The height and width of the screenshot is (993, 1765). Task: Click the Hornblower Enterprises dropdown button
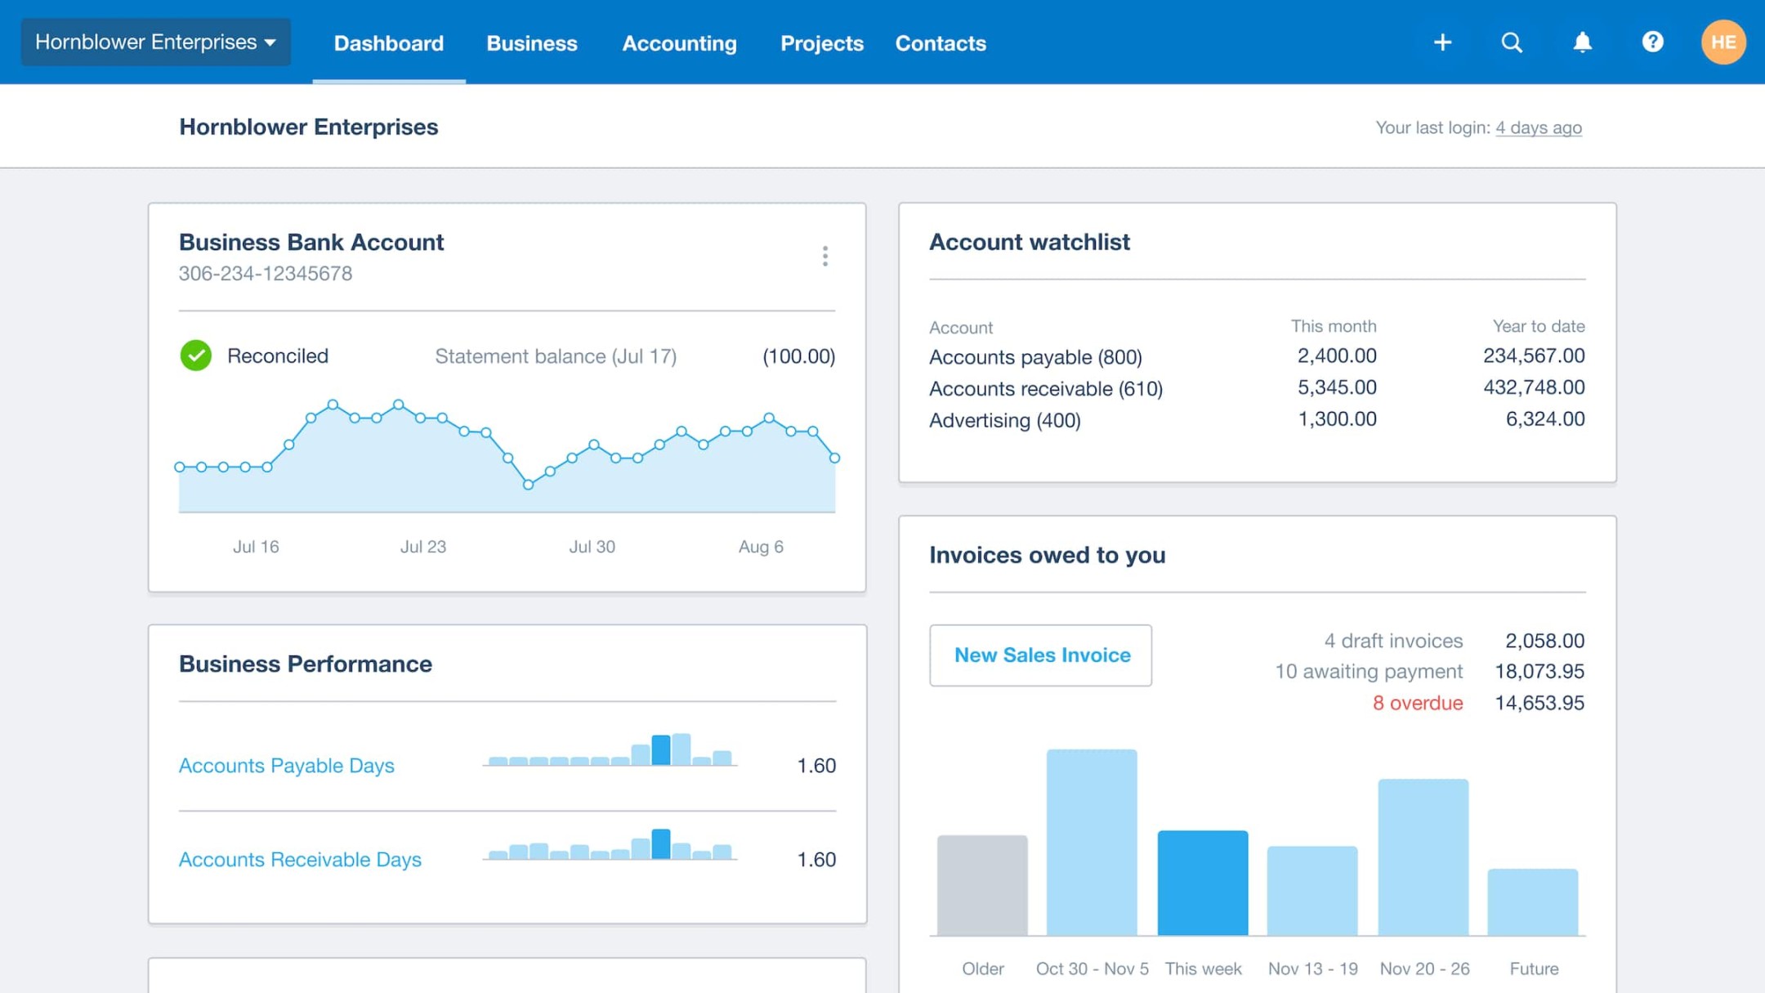point(155,42)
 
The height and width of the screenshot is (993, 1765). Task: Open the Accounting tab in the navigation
point(679,43)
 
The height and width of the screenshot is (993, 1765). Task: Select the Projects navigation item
point(821,43)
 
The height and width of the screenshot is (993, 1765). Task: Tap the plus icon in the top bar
point(1442,42)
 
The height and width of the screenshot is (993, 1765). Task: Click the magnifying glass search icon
point(1512,42)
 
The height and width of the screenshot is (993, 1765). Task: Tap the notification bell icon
point(1582,42)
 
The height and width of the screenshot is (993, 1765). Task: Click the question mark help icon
point(1652,42)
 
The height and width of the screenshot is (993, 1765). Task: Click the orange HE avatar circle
point(1723,42)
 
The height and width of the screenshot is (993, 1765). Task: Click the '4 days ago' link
point(1538,127)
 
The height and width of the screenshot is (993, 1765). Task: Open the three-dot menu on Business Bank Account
point(824,257)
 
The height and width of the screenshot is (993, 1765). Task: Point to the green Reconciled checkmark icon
point(196,356)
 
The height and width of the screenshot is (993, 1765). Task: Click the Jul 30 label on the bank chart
point(592,547)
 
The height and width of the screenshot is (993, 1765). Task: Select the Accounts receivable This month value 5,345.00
point(1337,387)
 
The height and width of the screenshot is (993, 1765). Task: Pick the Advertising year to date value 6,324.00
point(1544,419)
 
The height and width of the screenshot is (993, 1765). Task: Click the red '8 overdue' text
point(1417,703)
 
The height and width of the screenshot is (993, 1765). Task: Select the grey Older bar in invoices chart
point(982,885)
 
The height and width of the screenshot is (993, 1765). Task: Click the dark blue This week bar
point(1202,883)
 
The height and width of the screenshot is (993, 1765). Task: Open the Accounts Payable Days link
point(286,766)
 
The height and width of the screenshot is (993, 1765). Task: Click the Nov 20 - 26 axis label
point(1424,968)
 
